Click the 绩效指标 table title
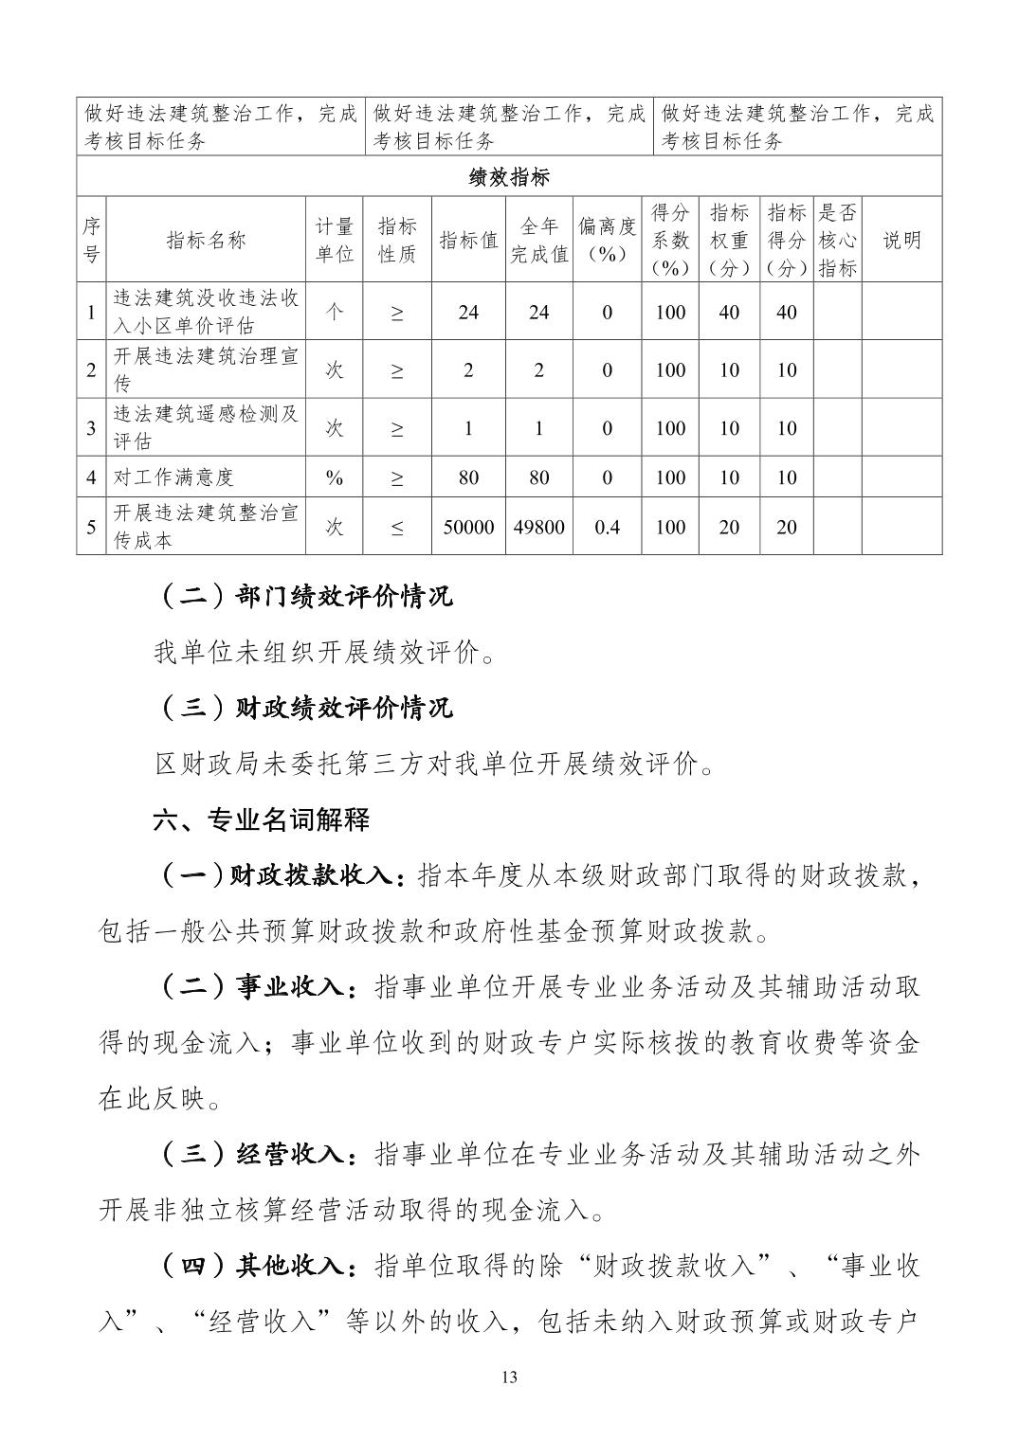coord(509,177)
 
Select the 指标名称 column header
coord(206,241)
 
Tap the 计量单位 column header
coord(334,241)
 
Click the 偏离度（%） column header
coord(607,241)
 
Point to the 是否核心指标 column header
coord(837,241)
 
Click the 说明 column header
coord(901,241)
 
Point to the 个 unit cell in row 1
coord(334,313)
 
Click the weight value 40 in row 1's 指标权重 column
coord(729,313)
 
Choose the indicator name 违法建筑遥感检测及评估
coord(206,428)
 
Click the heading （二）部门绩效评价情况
coord(303,597)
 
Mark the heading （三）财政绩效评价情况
coord(303,708)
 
